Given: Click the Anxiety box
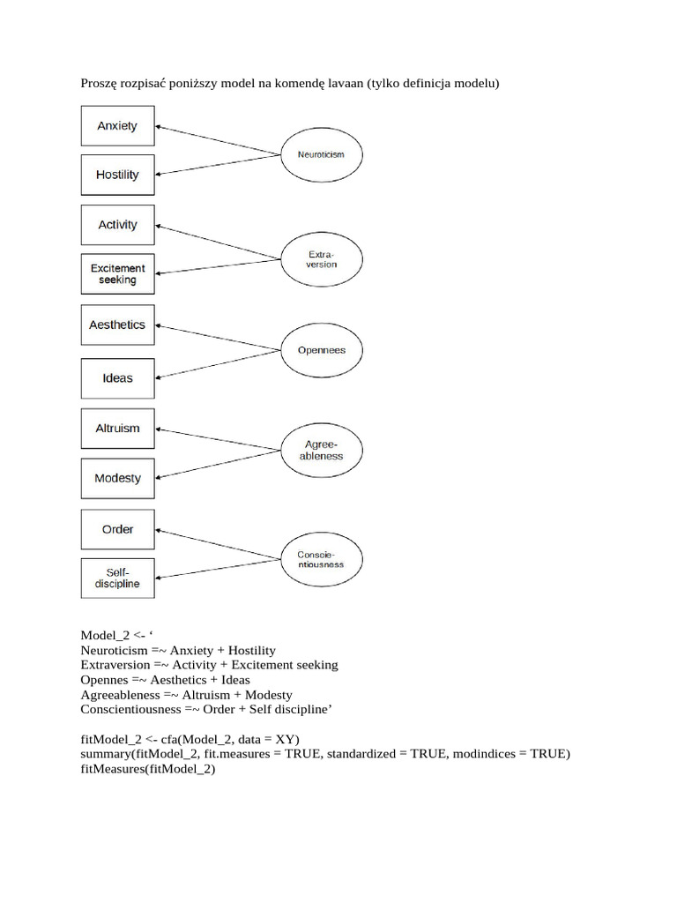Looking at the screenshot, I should pyautogui.click(x=117, y=126).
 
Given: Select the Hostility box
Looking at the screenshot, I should pyautogui.click(x=117, y=175).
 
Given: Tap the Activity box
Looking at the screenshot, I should pyautogui.click(x=117, y=225).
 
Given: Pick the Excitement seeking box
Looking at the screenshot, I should pyautogui.click(x=117, y=274).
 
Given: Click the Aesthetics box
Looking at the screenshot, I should pyautogui.click(x=117, y=325).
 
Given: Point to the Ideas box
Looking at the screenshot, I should pyautogui.click(x=117, y=377).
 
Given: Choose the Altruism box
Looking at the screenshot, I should pyautogui.click(x=117, y=429).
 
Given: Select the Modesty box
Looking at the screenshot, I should pyautogui.click(x=117, y=478).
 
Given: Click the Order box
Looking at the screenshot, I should pyautogui.click(x=117, y=529).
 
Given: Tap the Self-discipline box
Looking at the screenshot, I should pyautogui.click(x=117, y=578).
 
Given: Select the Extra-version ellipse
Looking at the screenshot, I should pyautogui.click(x=321, y=259).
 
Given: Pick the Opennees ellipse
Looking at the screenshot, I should pyautogui.click(x=321, y=350).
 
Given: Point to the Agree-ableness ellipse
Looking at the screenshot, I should pyautogui.click(x=321, y=451).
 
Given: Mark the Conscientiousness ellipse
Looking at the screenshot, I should pyautogui.click(x=321, y=559).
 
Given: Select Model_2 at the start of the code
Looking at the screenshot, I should pyautogui.click(x=105, y=635).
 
